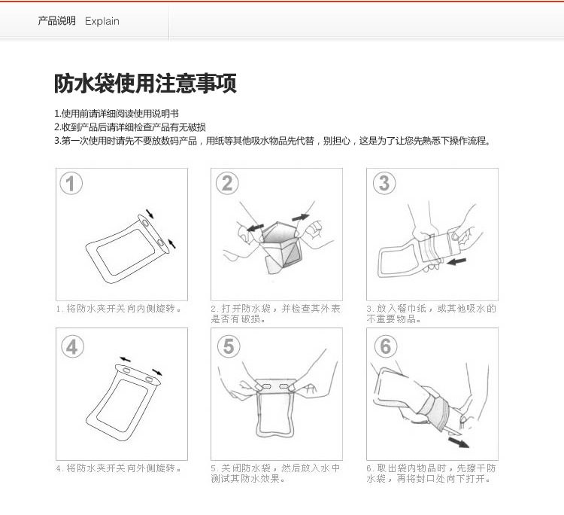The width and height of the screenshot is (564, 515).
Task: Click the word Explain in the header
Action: (102, 21)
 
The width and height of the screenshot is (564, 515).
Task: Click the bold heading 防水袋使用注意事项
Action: (145, 83)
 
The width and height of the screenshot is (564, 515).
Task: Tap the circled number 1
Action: (71, 183)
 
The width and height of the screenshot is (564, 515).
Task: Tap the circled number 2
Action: (227, 183)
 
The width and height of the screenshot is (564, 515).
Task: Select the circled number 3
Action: (384, 183)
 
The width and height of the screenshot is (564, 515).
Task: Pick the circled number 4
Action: (72, 346)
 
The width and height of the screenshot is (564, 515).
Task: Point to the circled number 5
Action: (229, 346)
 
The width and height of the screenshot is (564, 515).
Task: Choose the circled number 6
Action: (386, 346)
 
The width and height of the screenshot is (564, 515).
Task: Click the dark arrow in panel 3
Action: (456, 261)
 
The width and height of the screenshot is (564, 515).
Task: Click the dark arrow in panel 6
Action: (459, 442)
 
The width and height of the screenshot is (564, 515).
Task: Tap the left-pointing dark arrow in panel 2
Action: (255, 227)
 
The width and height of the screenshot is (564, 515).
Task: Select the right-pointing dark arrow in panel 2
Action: (300, 217)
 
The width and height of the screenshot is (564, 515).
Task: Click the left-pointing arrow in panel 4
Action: (125, 359)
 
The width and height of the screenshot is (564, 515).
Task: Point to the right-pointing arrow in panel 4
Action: (157, 372)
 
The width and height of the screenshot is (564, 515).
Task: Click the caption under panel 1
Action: (118, 309)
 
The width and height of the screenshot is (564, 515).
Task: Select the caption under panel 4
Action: (118, 468)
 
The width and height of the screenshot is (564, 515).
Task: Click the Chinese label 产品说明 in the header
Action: (57, 21)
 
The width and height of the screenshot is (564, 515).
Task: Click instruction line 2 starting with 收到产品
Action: (130, 127)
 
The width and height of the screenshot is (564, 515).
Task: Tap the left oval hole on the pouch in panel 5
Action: (267, 386)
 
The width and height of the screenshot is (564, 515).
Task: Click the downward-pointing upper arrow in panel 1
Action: (150, 214)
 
